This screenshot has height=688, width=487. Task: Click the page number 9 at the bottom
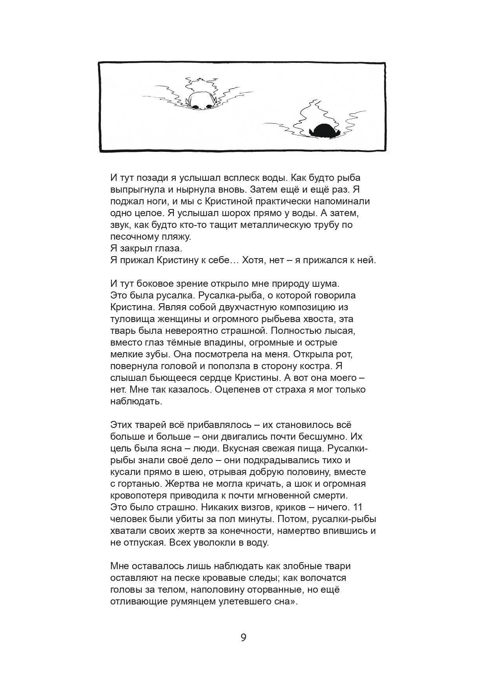click(x=243, y=637)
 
